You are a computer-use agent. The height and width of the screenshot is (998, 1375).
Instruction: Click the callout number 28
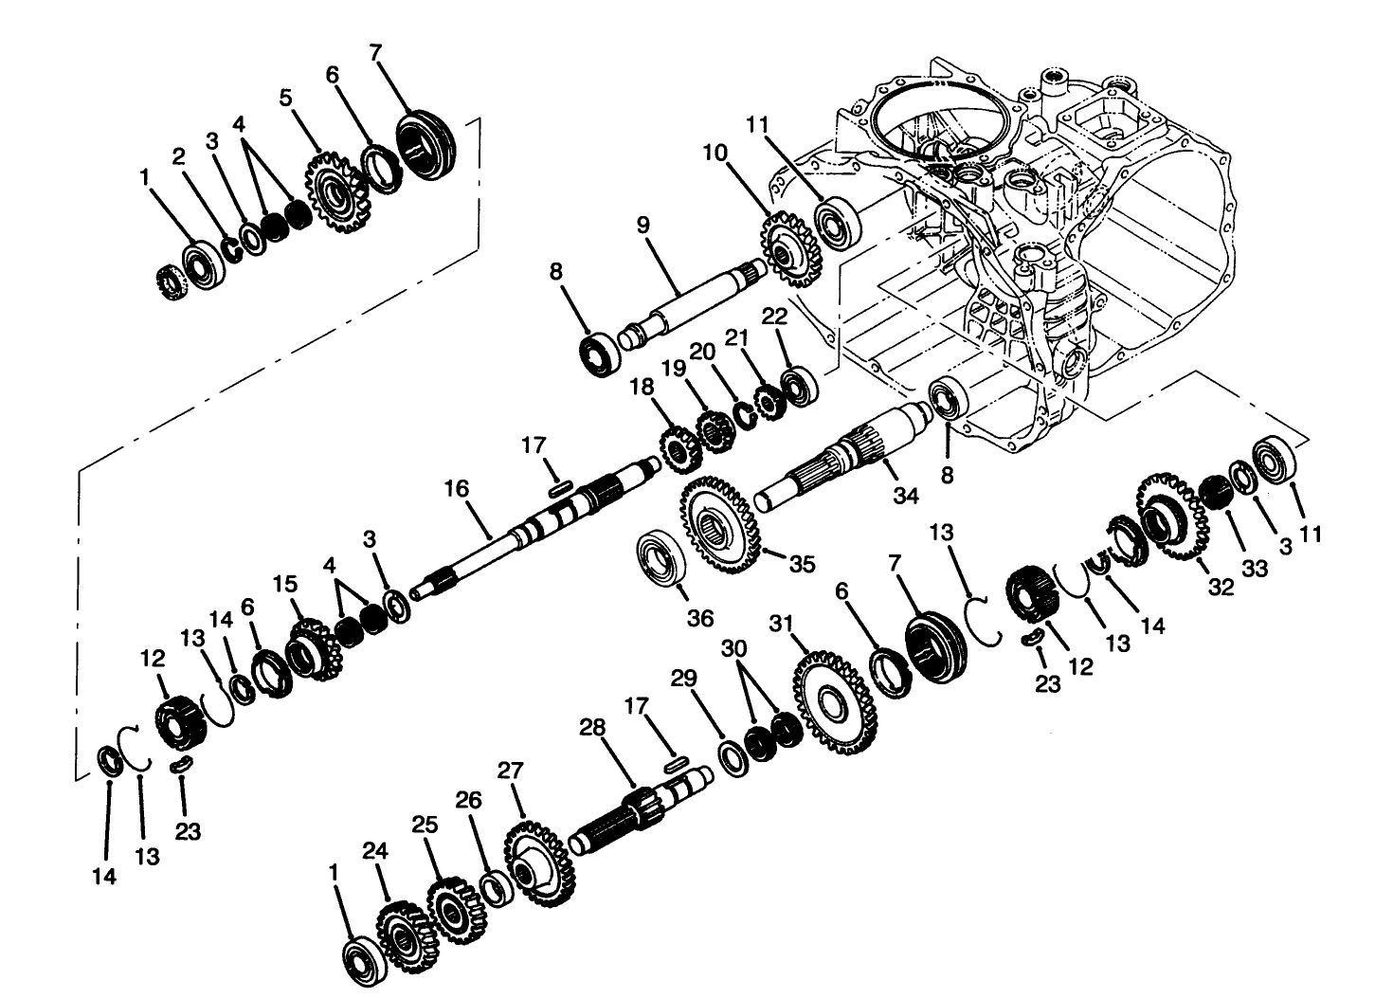click(591, 727)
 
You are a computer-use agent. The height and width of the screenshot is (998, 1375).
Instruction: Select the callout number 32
click(1221, 588)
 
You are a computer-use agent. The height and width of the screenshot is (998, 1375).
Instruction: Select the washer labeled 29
click(732, 757)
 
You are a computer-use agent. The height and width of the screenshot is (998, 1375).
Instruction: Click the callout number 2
click(178, 157)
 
